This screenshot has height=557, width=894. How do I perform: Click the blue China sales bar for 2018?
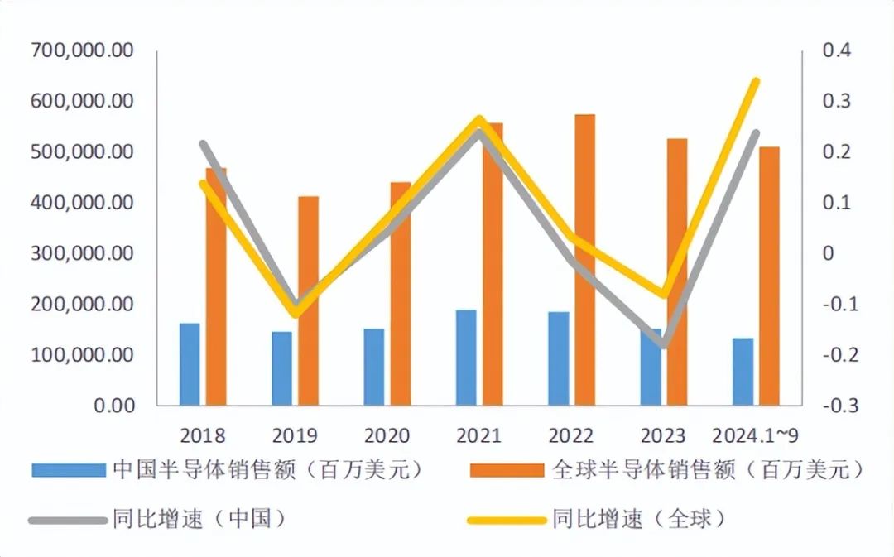click(190, 364)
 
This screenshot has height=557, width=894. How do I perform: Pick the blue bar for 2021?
click(466, 358)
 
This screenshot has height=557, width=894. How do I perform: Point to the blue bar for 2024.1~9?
click(743, 372)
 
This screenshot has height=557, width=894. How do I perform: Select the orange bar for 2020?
click(401, 294)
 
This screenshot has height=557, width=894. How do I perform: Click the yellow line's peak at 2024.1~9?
click(755, 81)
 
